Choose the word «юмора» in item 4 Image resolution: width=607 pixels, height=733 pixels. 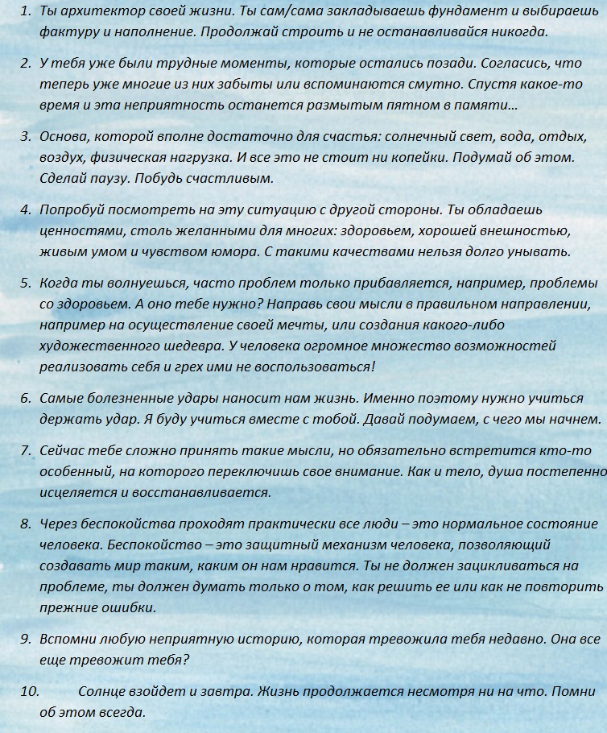point(231,251)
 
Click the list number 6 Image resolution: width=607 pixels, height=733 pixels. point(25,398)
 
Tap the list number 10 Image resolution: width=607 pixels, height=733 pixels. point(29,691)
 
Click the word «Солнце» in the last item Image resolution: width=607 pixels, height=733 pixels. point(102,691)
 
